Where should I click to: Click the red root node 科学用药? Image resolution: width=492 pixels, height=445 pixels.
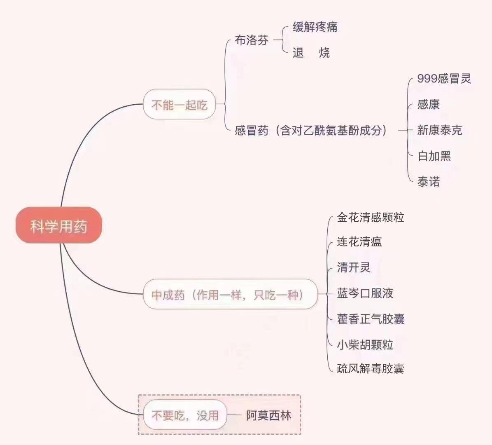pyautogui.click(x=59, y=225)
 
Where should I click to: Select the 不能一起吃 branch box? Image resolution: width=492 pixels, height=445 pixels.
pyautogui.click(x=180, y=104)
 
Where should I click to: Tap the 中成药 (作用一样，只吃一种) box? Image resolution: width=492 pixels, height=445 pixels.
pyautogui.click(x=230, y=294)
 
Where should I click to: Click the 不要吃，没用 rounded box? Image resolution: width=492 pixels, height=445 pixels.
pyautogui.click(x=185, y=415)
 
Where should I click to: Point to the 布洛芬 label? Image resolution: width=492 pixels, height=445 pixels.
pyautogui.click(x=252, y=40)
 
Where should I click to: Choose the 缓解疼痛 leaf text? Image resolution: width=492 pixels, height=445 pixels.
pyautogui.click(x=315, y=27)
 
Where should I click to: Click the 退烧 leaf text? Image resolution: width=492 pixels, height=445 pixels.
pyautogui.click(x=311, y=53)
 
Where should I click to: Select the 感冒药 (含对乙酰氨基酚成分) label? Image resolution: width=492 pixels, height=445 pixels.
pyautogui.click(x=311, y=130)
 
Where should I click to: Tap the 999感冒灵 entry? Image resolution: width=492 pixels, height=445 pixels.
pyautogui.click(x=444, y=79)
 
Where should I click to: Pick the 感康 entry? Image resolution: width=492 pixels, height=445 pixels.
pyautogui.click(x=428, y=104)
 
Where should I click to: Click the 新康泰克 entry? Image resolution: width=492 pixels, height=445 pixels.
pyautogui.click(x=440, y=130)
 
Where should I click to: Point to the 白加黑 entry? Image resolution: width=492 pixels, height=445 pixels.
pyautogui.click(x=434, y=156)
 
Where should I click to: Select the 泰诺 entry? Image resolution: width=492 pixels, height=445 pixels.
pyautogui.click(x=428, y=182)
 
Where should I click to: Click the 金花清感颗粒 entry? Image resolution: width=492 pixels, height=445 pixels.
pyautogui.click(x=371, y=217)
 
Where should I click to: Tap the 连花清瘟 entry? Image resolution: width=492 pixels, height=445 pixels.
pyautogui.click(x=359, y=241)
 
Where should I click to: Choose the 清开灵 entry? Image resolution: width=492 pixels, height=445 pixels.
pyautogui.click(x=354, y=267)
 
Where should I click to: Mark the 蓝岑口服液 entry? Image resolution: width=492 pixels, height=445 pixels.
pyautogui.click(x=365, y=293)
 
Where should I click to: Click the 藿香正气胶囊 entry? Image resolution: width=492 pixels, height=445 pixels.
pyautogui.click(x=371, y=319)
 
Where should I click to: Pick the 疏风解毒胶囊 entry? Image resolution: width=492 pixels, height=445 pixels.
pyautogui.click(x=371, y=368)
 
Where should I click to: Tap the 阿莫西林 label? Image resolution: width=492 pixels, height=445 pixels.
pyautogui.click(x=268, y=415)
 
